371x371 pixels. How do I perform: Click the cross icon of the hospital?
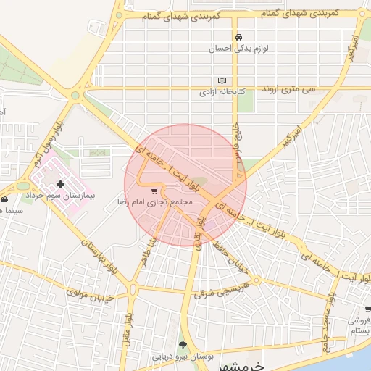pos(60,185)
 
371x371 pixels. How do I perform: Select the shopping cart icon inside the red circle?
pos(155,191)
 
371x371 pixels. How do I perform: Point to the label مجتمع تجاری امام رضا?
pos(155,202)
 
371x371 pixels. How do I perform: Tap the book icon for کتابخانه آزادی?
pos(222,80)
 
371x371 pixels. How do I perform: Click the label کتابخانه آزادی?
pos(224,92)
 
